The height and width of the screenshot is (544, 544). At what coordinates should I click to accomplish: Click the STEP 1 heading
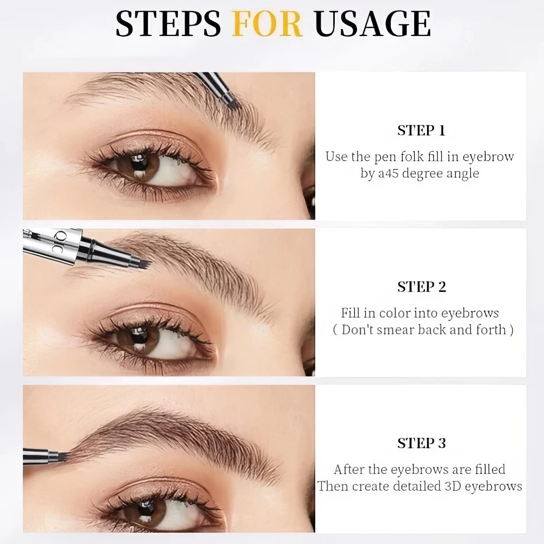click(421, 130)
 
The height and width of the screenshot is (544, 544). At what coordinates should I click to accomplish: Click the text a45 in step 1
click(388, 173)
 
